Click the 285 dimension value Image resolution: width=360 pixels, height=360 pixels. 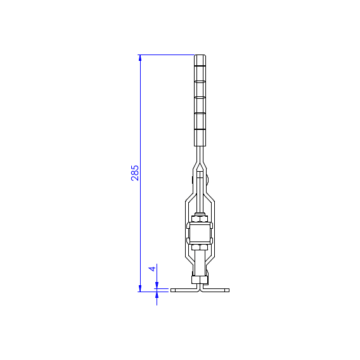(x=135, y=173)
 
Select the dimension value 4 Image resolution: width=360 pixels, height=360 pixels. (x=152, y=269)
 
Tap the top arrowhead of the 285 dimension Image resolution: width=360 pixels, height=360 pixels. (x=140, y=58)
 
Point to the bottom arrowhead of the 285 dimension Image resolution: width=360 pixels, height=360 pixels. (x=140, y=288)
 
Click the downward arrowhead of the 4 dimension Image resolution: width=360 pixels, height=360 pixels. (x=157, y=285)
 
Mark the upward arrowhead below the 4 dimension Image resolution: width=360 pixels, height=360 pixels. (x=157, y=295)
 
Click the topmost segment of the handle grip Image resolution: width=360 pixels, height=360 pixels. (x=200, y=60)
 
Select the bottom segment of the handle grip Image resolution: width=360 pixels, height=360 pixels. (x=200, y=138)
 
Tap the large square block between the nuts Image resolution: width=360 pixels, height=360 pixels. (x=200, y=233)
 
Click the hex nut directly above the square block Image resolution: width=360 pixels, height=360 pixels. (x=200, y=219)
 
